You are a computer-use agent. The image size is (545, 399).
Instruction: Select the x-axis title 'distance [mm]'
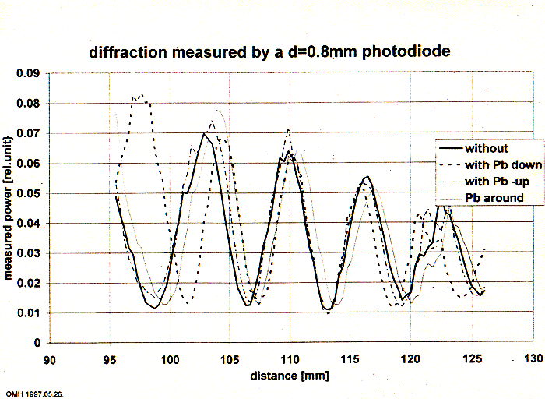[289, 376]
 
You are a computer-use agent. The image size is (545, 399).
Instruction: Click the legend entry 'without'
[486, 149]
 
